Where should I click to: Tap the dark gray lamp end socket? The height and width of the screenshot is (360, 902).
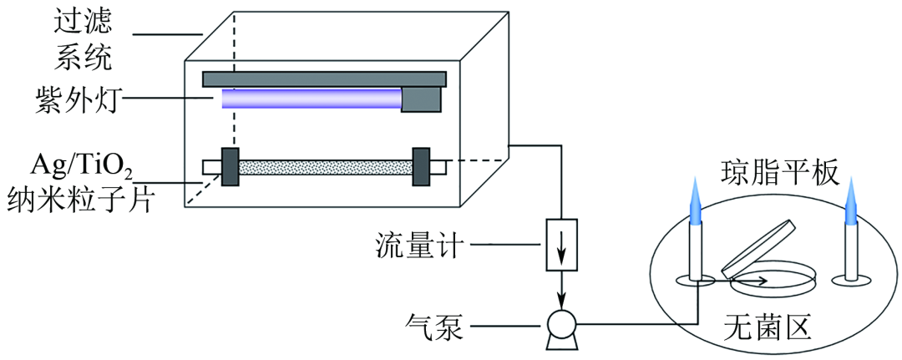[422, 99]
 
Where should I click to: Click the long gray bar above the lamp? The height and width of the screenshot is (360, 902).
[324, 79]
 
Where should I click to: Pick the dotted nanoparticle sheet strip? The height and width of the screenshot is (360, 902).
[326, 167]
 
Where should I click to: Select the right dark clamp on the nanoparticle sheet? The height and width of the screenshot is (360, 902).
[421, 167]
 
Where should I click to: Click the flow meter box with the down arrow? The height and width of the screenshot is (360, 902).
[561, 246]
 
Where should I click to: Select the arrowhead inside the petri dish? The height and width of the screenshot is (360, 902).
[765, 282]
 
